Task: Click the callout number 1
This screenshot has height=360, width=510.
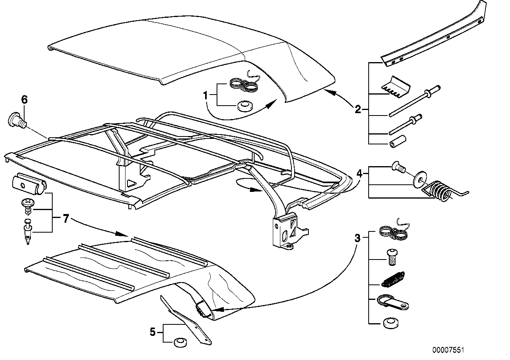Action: click(206, 95)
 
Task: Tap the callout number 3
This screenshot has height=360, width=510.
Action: click(358, 238)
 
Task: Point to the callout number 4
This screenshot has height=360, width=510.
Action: click(359, 173)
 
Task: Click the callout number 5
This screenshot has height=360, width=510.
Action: click(153, 332)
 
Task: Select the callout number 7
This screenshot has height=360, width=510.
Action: click(66, 218)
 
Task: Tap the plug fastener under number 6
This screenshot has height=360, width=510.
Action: click(17, 119)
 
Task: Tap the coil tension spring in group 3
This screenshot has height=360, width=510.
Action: click(392, 280)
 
